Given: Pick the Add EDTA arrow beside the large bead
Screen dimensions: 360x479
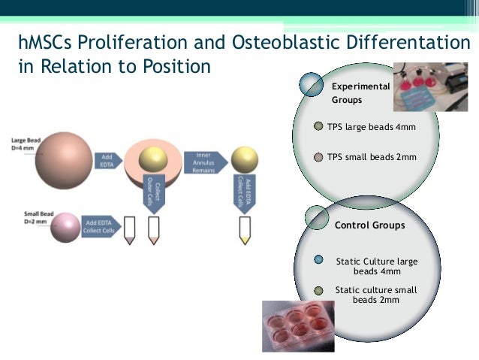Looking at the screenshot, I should [107, 160].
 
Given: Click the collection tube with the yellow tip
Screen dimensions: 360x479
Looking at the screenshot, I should [243, 230].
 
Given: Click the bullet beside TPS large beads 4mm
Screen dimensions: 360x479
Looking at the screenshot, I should [319, 126].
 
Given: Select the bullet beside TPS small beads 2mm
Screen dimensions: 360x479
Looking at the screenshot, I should [319, 157].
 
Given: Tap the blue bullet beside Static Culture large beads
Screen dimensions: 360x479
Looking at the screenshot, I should [318, 260].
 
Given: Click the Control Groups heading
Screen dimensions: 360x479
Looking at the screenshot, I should [369, 225].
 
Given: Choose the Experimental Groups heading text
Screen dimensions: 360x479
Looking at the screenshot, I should [360, 92].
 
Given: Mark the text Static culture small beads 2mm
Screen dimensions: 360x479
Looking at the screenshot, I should [376, 295].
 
